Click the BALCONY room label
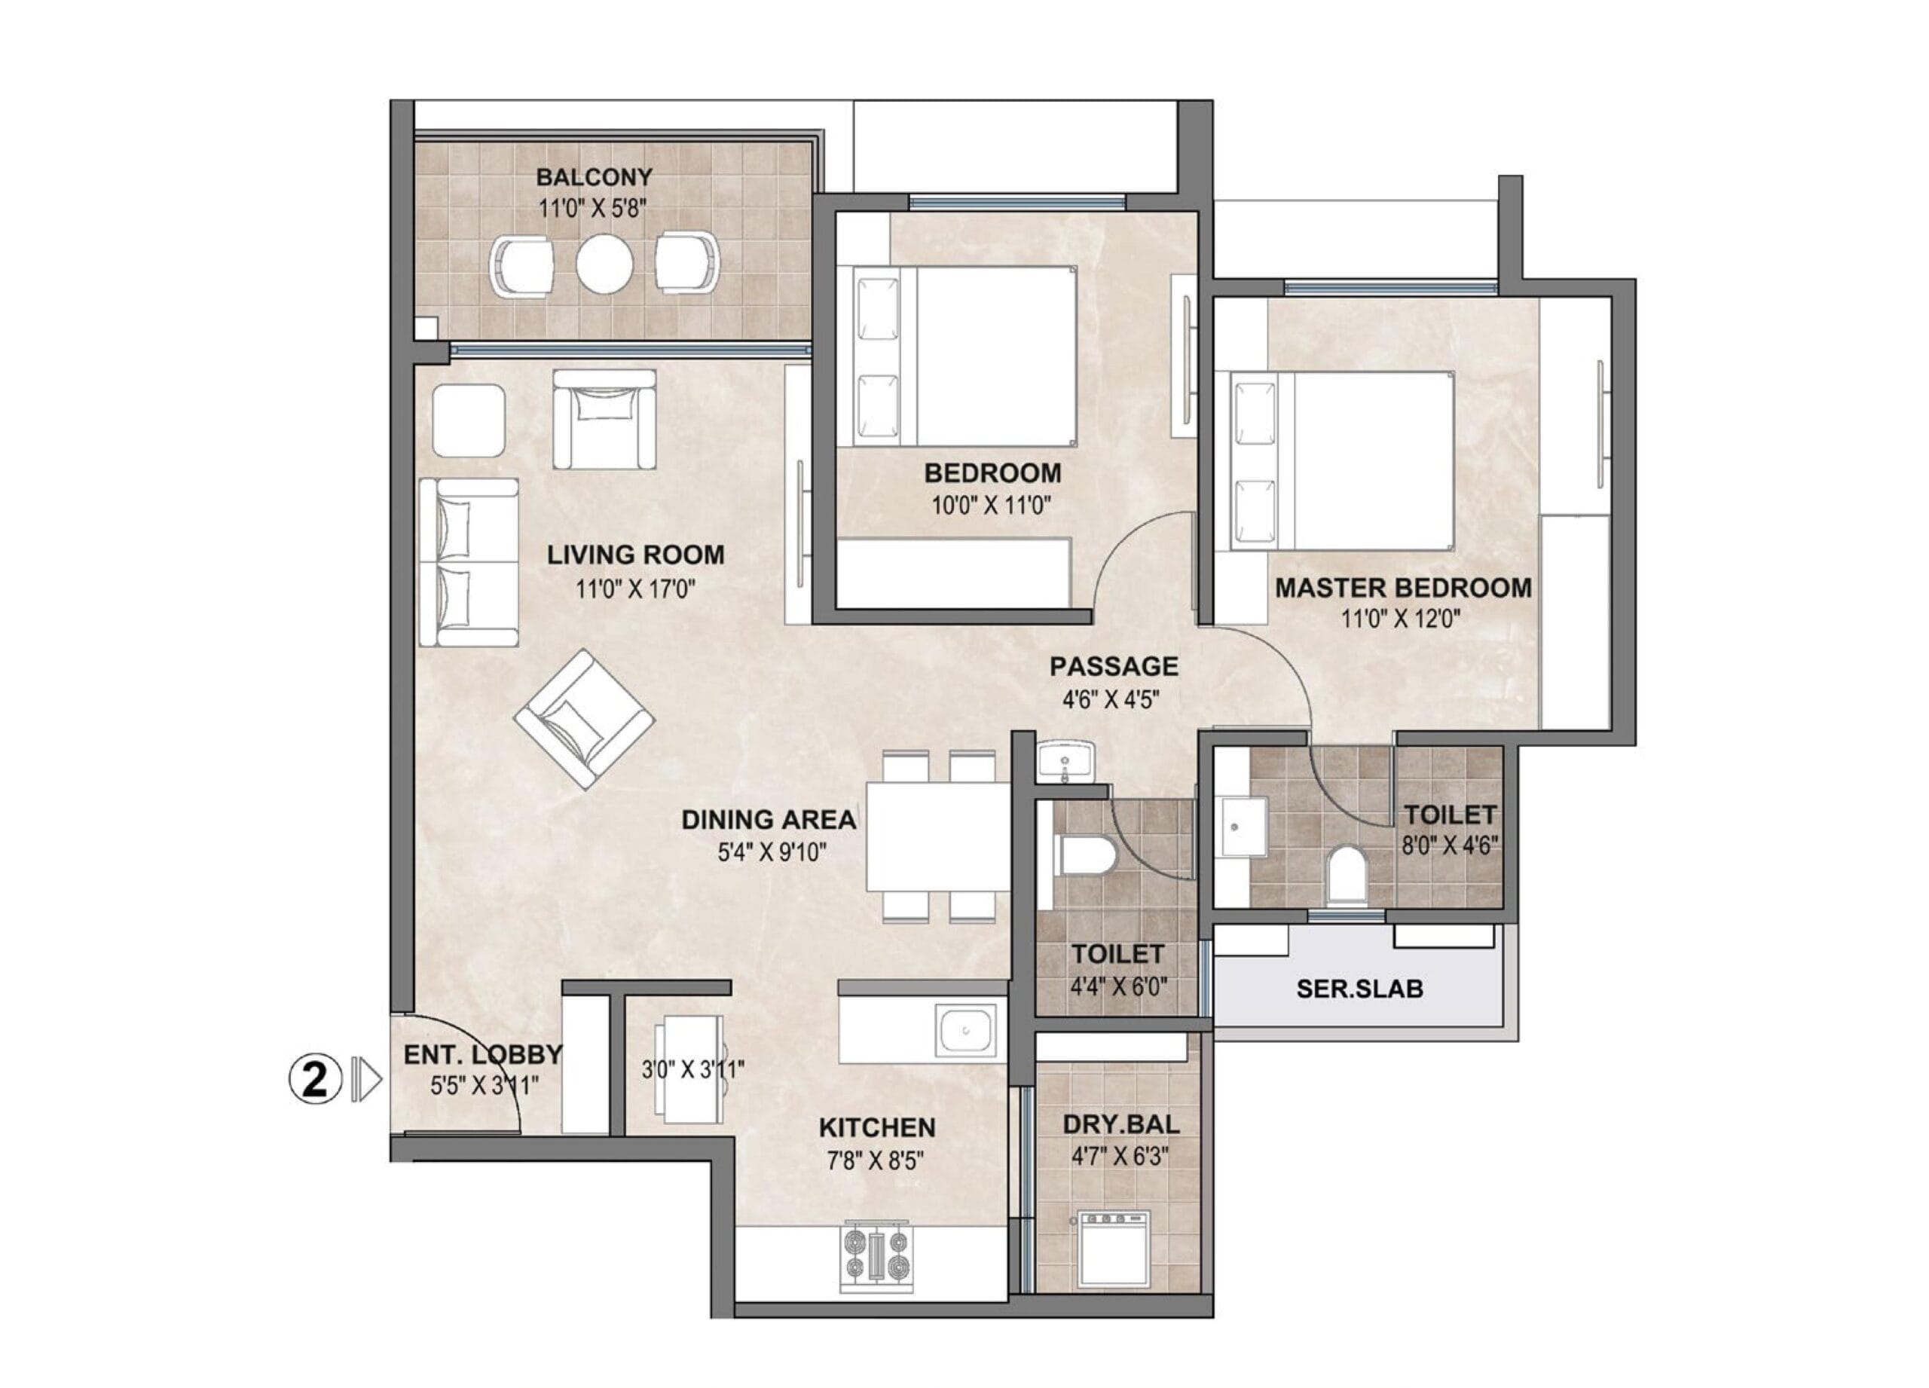click(594, 177)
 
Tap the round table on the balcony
click(605, 264)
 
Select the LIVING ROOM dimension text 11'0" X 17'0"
click(635, 588)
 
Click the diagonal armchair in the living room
click(584, 719)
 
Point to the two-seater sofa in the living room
click(469, 562)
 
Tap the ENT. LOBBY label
click(482, 1055)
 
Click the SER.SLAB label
click(1359, 989)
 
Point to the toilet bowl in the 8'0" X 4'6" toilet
click(1347, 873)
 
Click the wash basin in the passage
click(1065, 760)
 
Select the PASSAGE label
click(1114, 666)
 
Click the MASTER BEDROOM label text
click(1402, 588)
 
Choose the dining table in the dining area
click(937, 835)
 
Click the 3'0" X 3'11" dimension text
click(692, 1069)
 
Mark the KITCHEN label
click(877, 1128)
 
